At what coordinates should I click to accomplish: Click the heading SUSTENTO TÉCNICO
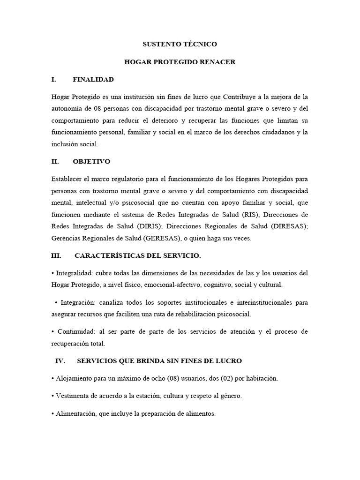coord(180,45)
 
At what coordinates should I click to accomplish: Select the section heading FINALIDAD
coord(93,80)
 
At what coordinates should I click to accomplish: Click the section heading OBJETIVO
coord(91,161)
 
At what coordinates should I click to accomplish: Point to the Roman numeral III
coord(56,255)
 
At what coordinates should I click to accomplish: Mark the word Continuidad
coord(76,331)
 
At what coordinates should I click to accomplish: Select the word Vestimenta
coord(72,396)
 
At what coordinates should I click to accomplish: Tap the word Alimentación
coord(75,414)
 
